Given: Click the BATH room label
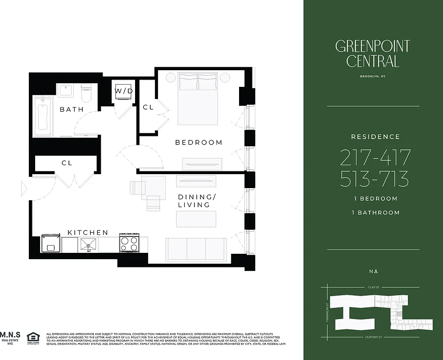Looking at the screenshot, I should tap(72, 109).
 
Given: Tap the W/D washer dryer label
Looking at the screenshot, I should tap(124, 91).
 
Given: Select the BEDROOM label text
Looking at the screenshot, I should tap(199, 143).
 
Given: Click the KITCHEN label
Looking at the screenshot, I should tap(88, 232).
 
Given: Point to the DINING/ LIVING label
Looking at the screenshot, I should tap(194, 201).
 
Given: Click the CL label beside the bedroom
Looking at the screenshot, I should tap(148, 108).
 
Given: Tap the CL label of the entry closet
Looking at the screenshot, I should tap(67, 163).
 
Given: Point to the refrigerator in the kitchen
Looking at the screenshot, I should tap(51, 243).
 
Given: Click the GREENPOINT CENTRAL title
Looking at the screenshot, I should tap(372, 54).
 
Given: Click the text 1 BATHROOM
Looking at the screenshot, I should tap(375, 212).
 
